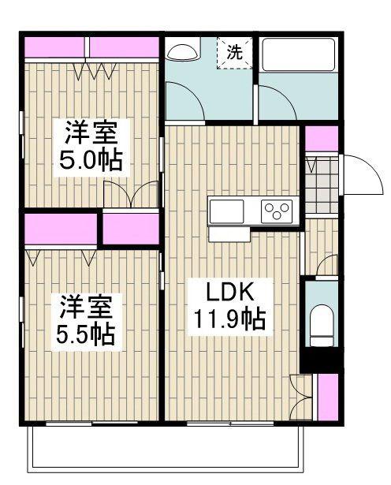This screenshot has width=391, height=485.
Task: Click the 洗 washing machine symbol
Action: (x=235, y=53)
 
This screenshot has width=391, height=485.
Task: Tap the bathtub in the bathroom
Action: (x=298, y=54)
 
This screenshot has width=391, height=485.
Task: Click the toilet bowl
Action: (x=322, y=326)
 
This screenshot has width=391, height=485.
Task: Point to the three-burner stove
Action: (x=277, y=211)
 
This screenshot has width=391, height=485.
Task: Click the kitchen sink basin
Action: (x=226, y=211)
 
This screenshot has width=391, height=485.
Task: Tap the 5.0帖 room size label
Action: (x=91, y=161)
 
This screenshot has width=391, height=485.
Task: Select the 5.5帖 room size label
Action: (x=86, y=335)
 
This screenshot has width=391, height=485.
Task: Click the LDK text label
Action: (x=230, y=291)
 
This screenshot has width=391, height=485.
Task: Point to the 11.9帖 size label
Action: (x=229, y=319)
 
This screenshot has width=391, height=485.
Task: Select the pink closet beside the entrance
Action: (x=322, y=139)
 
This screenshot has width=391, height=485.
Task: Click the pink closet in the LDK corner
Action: (x=328, y=397)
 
